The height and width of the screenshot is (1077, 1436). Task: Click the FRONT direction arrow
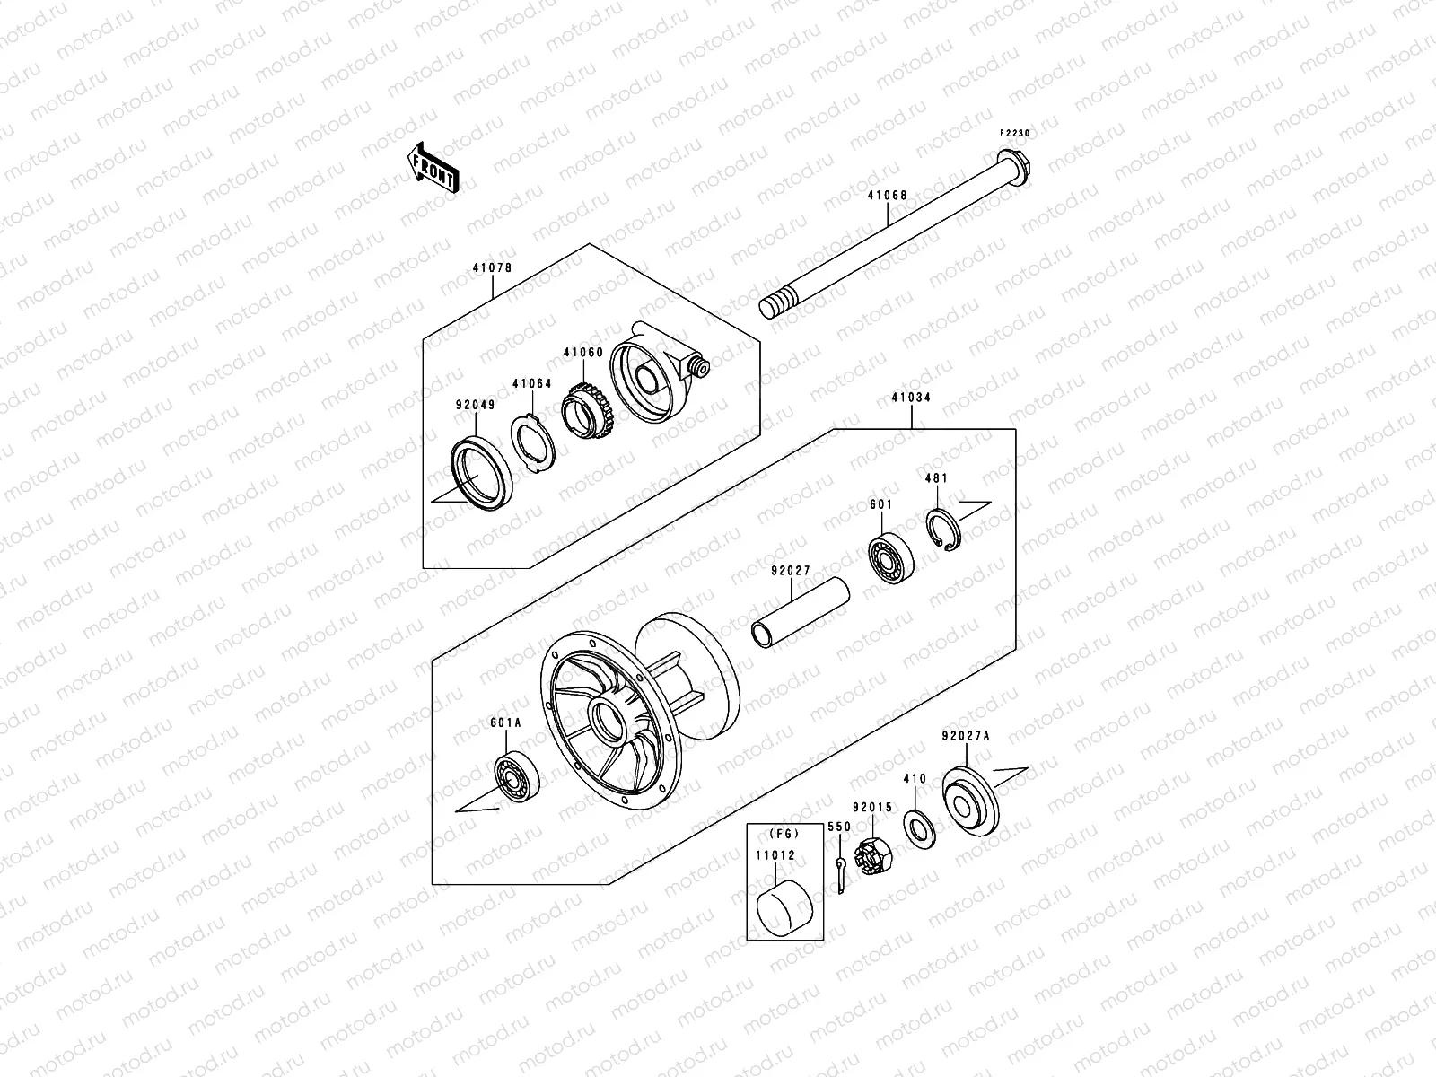pyautogui.click(x=447, y=166)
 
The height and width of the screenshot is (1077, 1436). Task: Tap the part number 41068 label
pyautogui.click(x=887, y=195)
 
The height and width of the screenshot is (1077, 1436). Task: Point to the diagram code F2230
pyautogui.click(x=1016, y=133)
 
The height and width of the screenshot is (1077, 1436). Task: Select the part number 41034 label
pyautogui.click(x=910, y=397)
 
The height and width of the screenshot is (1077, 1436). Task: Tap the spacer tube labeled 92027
pyautogui.click(x=801, y=612)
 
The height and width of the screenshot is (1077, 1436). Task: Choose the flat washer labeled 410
pyautogui.click(x=917, y=825)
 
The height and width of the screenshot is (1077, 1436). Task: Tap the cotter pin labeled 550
pyautogui.click(x=840, y=876)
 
